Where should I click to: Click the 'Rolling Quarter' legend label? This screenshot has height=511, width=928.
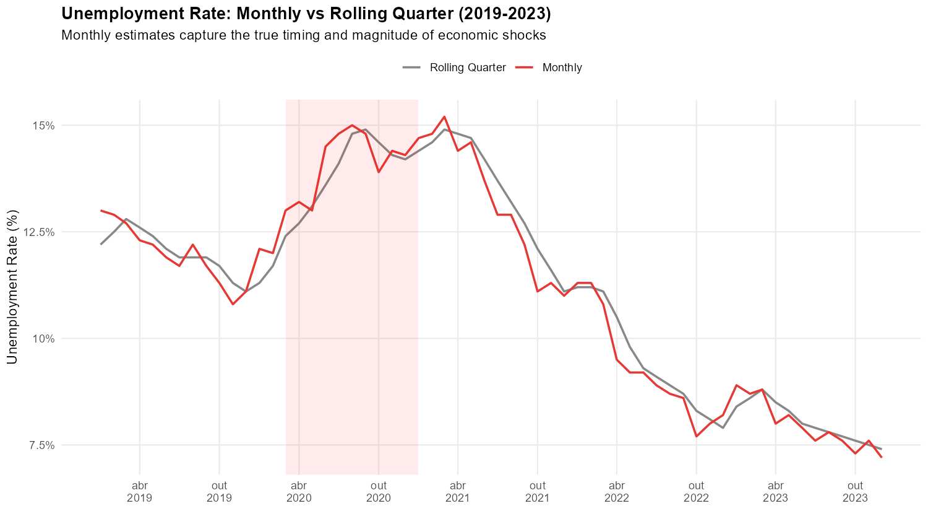point(468,68)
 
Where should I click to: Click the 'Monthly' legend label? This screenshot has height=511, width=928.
point(562,68)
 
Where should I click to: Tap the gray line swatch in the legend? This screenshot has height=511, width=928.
point(412,68)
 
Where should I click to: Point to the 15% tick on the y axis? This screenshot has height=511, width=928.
point(43,126)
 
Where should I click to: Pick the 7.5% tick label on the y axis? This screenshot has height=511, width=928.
point(41,445)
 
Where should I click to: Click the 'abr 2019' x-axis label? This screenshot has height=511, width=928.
point(140,491)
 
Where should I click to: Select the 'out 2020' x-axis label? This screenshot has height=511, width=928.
point(379,491)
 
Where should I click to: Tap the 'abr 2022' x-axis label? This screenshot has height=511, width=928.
point(617,491)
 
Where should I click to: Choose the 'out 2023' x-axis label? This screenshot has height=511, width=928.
point(855,491)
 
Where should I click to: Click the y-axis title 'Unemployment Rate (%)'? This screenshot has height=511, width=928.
point(13,287)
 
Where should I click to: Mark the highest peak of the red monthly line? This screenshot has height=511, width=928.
point(444,116)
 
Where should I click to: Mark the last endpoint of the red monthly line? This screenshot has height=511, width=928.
point(881,457)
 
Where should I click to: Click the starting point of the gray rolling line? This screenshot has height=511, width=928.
point(101,244)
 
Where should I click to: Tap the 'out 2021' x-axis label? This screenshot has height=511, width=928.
point(538,491)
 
